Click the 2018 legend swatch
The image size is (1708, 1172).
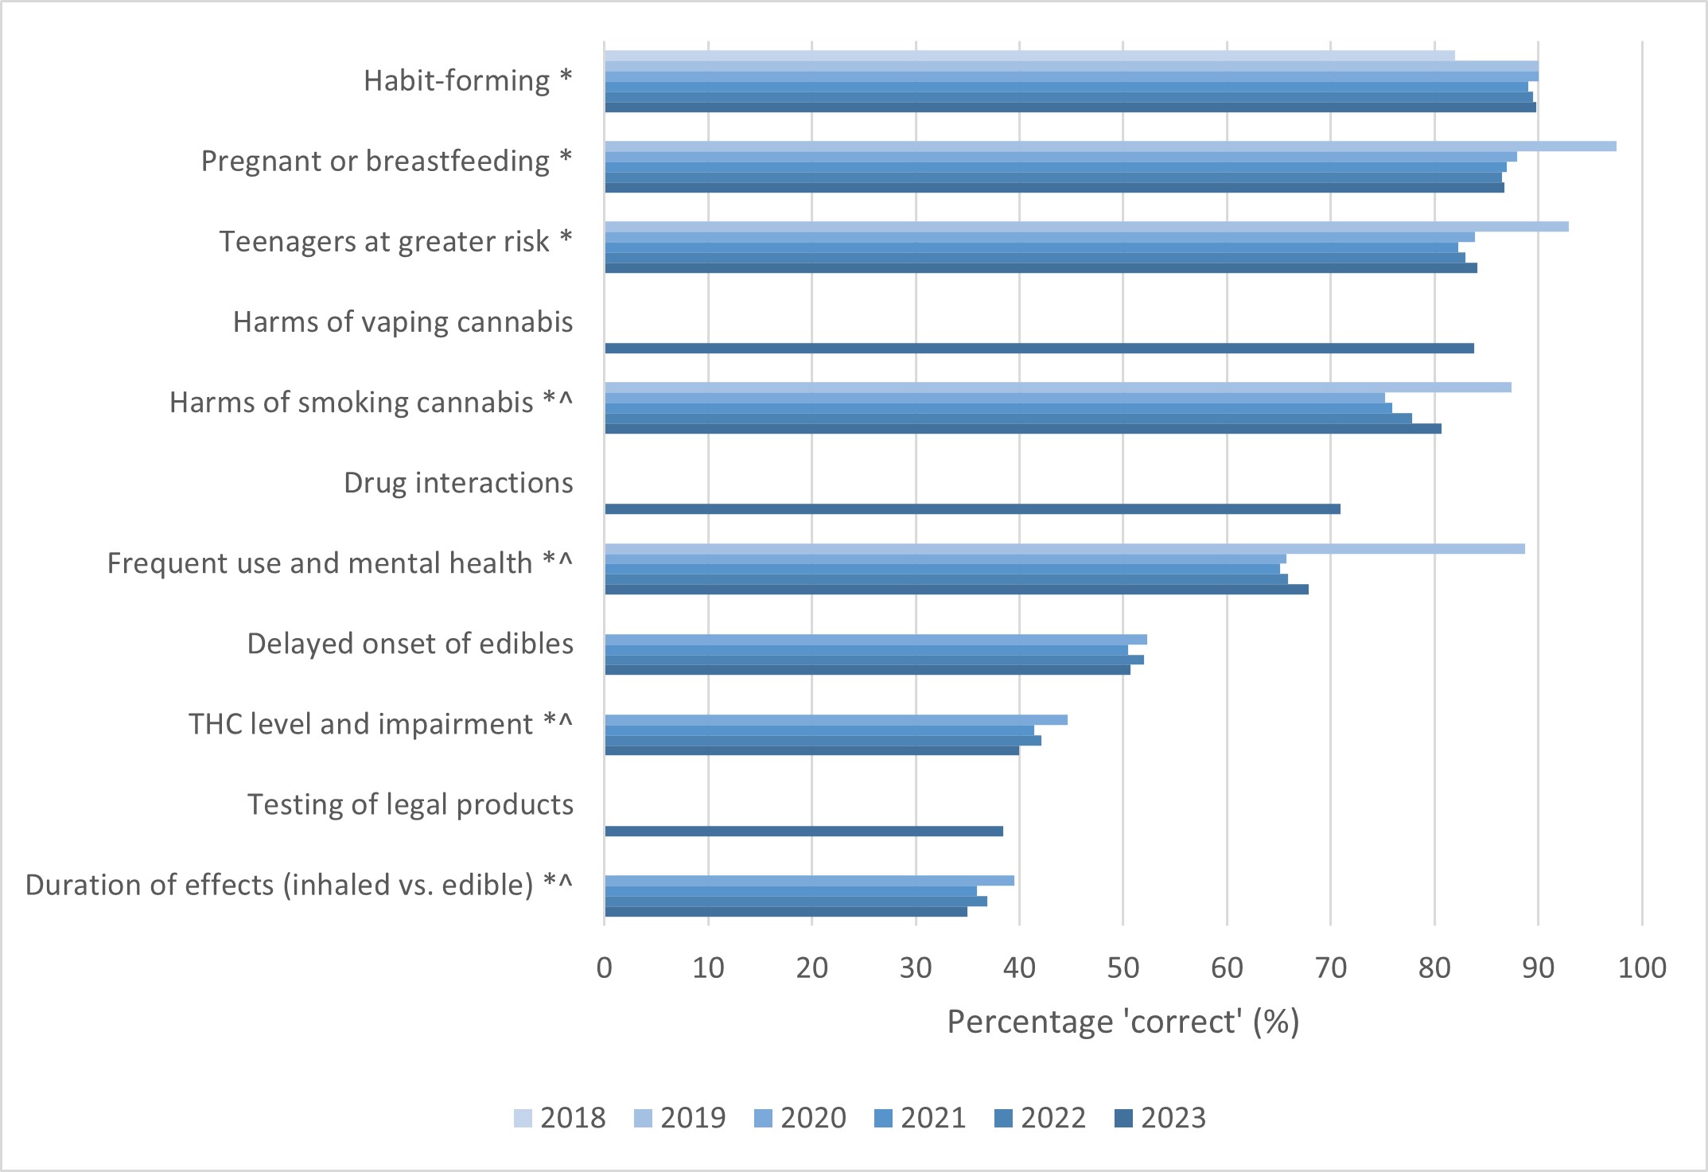click(x=523, y=1118)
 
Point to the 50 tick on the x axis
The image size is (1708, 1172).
click(x=1122, y=968)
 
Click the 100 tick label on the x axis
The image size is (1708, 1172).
click(x=1642, y=968)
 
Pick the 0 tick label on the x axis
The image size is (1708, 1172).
click(x=605, y=968)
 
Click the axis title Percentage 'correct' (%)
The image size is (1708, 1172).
click(x=1122, y=1022)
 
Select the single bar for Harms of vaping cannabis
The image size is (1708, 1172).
click(x=1039, y=348)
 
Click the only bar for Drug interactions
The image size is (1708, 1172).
click(x=972, y=509)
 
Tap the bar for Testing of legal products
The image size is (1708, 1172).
click(x=803, y=831)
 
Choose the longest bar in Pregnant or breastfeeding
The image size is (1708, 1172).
click(x=1110, y=146)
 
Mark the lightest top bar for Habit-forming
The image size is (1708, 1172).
click(x=1029, y=56)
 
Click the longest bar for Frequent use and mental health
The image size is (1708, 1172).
click(x=1064, y=549)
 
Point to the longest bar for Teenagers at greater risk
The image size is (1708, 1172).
click(x=1086, y=227)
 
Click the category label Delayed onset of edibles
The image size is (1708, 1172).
click(x=410, y=644)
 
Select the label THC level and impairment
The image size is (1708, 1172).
click(x=380, y=724)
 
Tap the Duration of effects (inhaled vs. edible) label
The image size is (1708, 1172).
click(x=298, y=885)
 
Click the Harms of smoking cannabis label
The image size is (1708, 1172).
click(x=371, y=403)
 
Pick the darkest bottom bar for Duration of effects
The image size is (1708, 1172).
click(x=786, y=912)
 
